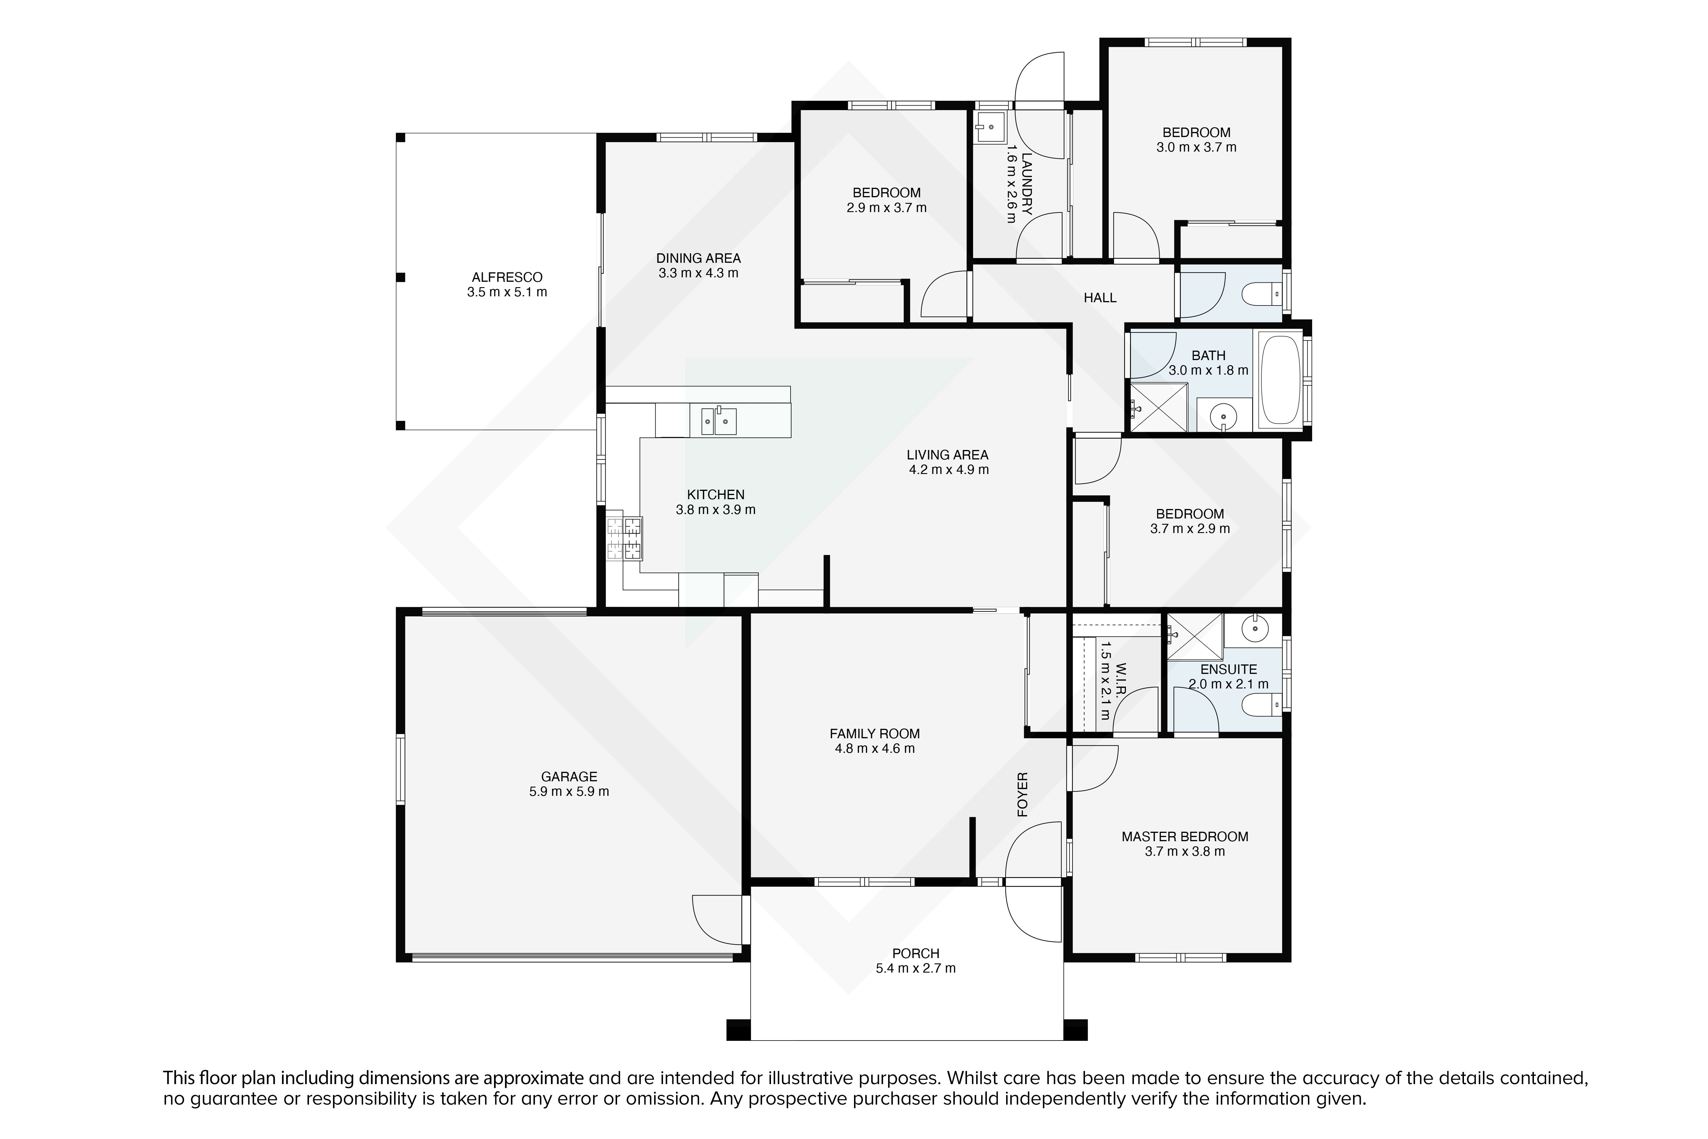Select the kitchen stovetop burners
624,538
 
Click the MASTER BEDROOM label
1185,837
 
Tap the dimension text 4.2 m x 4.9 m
948,469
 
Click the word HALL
1100,298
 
